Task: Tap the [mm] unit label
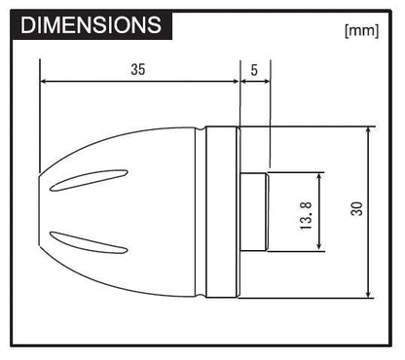pyautogui.click(x=360, y=29)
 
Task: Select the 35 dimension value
pyautogui.click(x=137, y=70)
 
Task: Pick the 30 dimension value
pyautogui.click(x=356, y=208)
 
